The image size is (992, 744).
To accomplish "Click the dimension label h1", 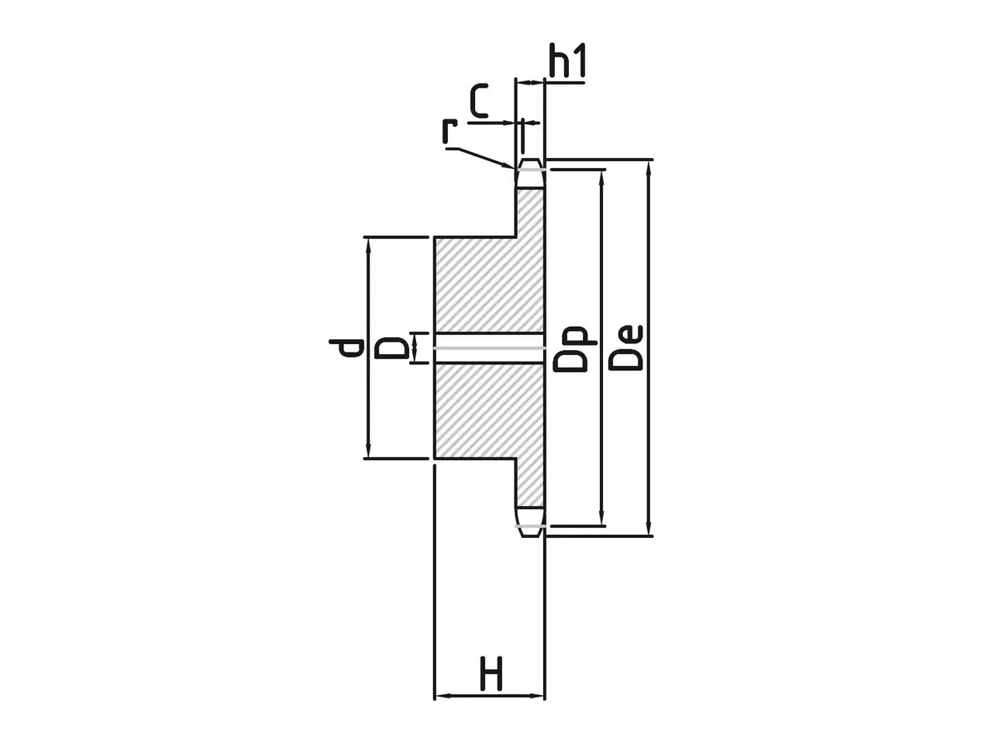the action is (x=567, y=60).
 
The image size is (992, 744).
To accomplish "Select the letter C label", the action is (x=479, y=100).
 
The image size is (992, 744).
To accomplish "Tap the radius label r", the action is (x=449, y=131).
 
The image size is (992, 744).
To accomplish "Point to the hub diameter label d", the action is (x=346, y=347).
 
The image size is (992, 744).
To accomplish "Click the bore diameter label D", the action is (x=392, y=348).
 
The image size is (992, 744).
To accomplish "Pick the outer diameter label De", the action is (x=625, y=347).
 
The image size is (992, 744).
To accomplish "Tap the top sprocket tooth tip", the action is (x=530, y=160).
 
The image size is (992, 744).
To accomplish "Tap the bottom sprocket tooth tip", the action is (x=530, y=536).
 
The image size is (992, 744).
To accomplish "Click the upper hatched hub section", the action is (x=490, y=284).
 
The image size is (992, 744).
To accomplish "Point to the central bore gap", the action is (x=490, y=348).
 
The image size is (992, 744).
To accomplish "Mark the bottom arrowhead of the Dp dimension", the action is (x=601, y=518).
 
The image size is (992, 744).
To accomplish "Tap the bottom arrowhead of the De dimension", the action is (x=649, y=528).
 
